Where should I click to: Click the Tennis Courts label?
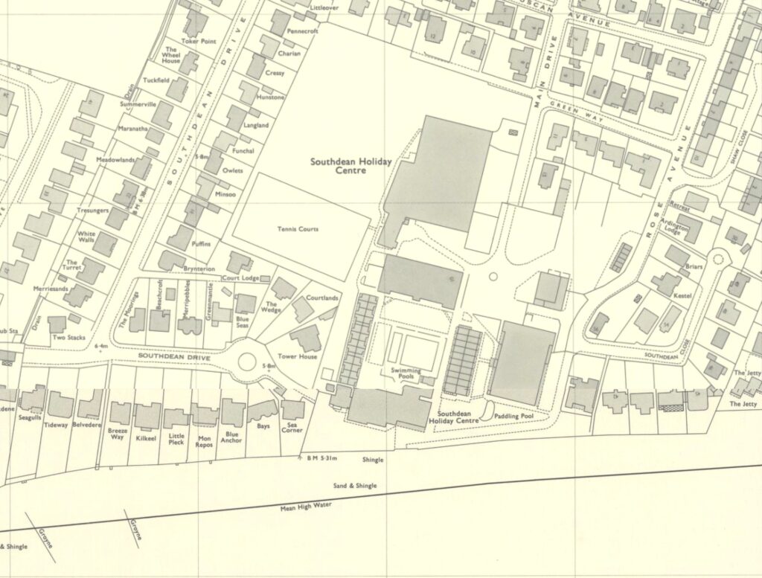(298, 229)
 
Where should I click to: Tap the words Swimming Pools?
(406, 374)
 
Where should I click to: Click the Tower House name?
(298, 357)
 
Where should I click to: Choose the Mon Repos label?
(205, 443)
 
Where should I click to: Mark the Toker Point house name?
(201, 42)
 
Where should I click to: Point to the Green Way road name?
(577, 112)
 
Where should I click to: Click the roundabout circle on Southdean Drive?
(247, 362)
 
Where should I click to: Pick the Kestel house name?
(682, 296)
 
